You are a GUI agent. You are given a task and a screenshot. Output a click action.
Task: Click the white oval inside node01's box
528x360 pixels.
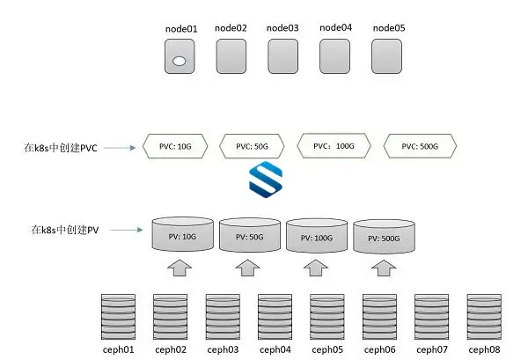(x=180, y=61)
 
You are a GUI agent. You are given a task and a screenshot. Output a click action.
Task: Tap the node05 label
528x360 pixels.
(x=388, y=28)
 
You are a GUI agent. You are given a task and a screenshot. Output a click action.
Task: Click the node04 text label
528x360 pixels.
(x=335, y=28)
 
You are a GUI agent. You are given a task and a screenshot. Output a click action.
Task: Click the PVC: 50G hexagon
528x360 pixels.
(x=253, y=146)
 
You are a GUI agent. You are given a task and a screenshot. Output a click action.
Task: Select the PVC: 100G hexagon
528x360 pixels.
(x=332, y=146)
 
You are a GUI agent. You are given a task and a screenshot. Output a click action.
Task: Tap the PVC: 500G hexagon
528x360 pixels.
(x=420, y=146)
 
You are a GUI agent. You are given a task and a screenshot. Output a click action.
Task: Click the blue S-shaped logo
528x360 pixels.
(x=264, y=182)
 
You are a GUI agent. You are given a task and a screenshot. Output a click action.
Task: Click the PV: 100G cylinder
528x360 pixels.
(x=317, y=237)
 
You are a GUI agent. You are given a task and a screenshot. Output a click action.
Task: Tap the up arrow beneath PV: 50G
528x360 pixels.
(x=248, y=267)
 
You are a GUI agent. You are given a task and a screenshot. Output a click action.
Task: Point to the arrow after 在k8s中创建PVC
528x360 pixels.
(x=121, y=146)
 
